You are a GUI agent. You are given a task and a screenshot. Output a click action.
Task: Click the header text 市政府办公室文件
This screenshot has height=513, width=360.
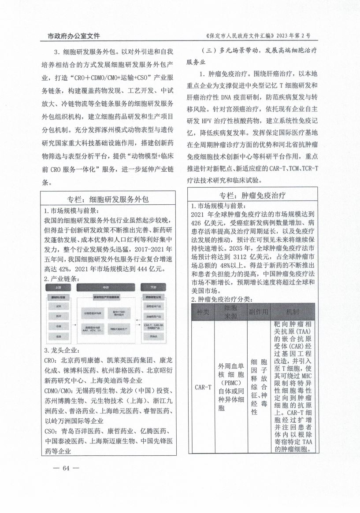[x=74, y=35]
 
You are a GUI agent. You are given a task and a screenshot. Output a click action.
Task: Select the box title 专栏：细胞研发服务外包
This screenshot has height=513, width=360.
[x=108, y=199]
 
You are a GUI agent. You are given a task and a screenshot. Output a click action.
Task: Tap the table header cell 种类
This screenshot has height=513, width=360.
[x=203, y=312]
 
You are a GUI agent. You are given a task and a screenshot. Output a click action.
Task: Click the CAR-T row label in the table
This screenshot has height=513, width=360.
[x=203, y=388]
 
